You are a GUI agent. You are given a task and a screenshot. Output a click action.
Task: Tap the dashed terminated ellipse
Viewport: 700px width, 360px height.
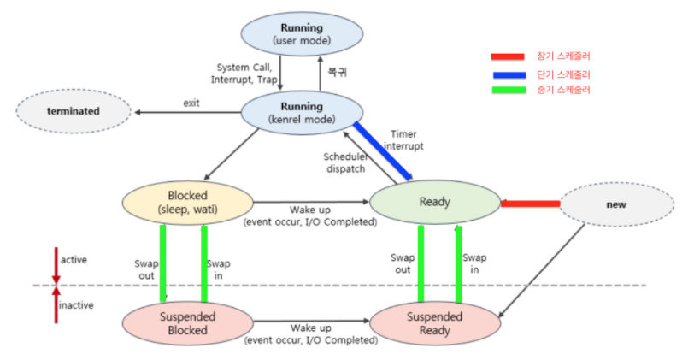click(x=73, y=111)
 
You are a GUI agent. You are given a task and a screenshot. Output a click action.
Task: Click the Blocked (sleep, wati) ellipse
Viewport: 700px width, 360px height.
click(x=189, y=202)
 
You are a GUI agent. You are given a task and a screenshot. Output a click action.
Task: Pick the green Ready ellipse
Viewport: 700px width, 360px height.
click(x=434, y=203)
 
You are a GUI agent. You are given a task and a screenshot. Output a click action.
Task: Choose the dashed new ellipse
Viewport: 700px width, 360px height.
click(x=615, y=204)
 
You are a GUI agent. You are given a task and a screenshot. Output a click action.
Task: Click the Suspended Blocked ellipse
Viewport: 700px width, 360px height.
click(x=188, y=323)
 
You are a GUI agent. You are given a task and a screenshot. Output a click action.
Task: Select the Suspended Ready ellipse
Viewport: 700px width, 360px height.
click(x=433, y=323)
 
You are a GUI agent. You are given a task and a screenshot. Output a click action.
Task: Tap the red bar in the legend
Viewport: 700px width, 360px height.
click(x=512, y=57)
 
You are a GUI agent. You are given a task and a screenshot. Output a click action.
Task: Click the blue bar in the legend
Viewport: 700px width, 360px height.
click(x=512, y=74)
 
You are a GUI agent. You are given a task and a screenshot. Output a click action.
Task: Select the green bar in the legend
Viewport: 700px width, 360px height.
click(x=512, y=90)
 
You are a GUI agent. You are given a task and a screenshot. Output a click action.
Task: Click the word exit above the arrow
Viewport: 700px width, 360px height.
click(x=191, y=103)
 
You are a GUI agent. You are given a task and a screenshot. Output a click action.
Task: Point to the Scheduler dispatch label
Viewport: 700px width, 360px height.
click(x=345, y=162)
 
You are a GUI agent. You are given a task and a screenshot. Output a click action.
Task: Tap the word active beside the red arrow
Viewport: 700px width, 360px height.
click(x=74, y=259)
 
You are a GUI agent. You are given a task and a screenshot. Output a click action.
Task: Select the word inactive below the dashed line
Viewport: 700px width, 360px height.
click(x=76, y=305)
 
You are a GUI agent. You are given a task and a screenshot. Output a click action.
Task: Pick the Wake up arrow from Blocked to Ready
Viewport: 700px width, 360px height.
click(x=311, y=203)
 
